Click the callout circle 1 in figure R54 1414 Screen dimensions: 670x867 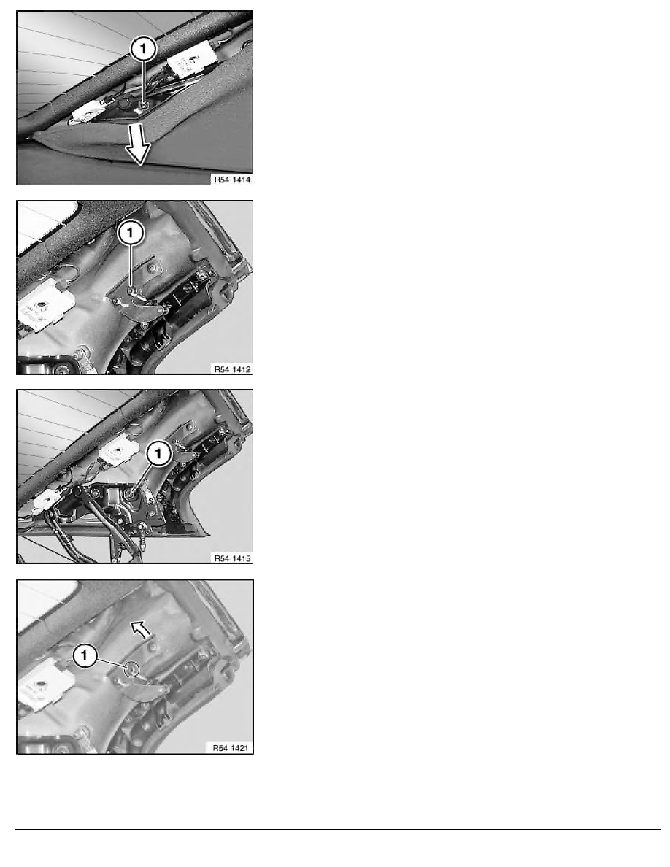[x=144, y=49]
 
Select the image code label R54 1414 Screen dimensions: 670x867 [x=232, y=180]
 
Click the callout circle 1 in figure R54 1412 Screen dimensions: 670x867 [x=131, y=233]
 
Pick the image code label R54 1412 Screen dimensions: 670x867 [x=232, y=369]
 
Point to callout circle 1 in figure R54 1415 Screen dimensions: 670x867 [x=158, y=455]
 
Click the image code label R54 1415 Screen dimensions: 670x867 [x=232, y=558]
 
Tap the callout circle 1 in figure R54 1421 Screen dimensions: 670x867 [x=85, y=656]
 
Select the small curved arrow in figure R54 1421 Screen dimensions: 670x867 [x=141, y=628]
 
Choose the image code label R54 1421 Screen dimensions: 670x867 [x=231, y=748]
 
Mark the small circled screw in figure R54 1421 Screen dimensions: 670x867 [x=131, y=669]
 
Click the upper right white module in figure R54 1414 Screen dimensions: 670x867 [x=190, y=58]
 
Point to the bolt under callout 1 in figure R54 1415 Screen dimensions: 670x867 [x=131, y=494]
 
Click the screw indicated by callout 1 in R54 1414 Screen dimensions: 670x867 [x=144, y=105]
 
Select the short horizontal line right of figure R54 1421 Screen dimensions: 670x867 [x=391, y=590]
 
